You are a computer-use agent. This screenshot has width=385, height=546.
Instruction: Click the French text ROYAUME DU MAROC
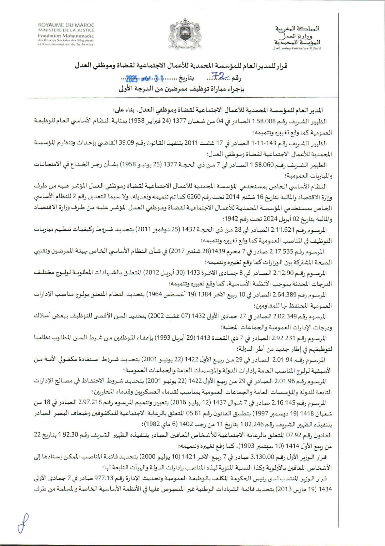(66, 25)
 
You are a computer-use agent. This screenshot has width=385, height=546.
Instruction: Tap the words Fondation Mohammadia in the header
(66, 36)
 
